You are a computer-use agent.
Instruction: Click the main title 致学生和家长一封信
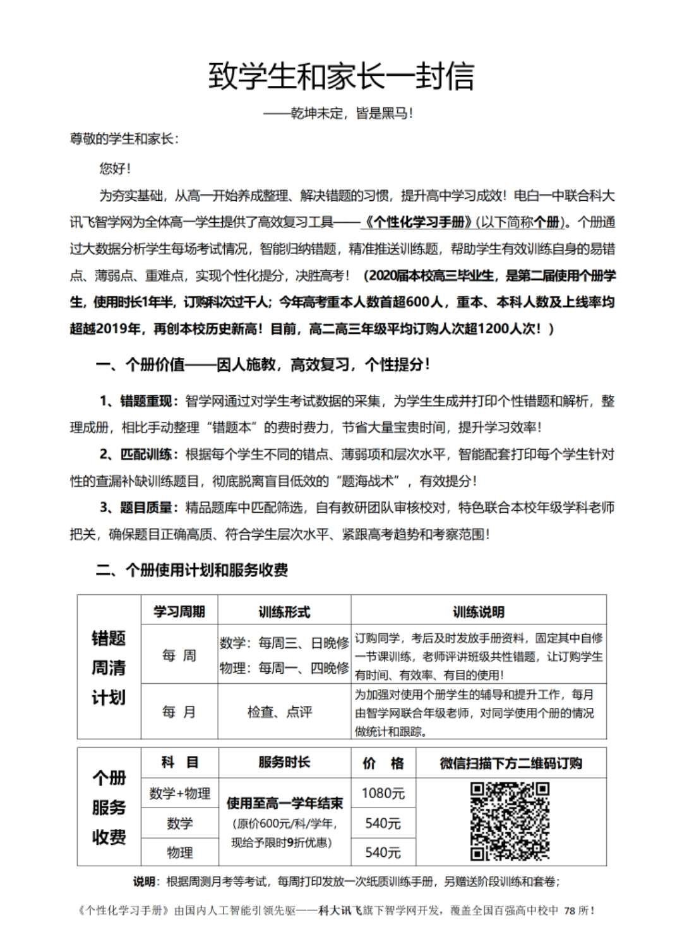coord(341,77)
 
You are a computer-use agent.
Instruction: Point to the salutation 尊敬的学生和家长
coord(124,139)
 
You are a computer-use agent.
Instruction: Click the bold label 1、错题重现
coord(135,402)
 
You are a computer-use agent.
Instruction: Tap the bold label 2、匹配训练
coord(135,455)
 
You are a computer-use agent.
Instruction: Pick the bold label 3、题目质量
coord(135,508)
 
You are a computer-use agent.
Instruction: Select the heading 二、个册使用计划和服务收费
coord(192,570)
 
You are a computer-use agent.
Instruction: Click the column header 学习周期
coord(179,611)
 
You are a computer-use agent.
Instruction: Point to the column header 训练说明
coord(478,611)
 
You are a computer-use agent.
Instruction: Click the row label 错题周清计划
coord(109,667)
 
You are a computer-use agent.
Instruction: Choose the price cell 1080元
coord(383,793)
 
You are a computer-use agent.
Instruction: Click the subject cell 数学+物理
coord(179,793)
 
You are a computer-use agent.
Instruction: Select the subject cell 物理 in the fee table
coord(179,852)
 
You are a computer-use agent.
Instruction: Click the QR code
coord(510,822)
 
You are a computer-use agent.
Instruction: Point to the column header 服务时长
coord(284,762)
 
